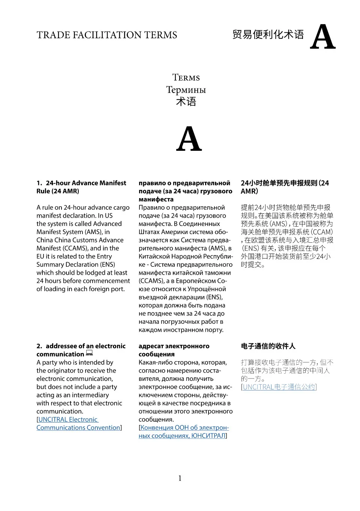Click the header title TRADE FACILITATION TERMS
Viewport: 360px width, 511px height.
click(106, 35)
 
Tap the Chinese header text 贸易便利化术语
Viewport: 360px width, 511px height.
click(268, 35)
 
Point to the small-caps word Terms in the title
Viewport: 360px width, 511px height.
click(186, 78)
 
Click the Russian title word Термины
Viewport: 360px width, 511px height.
click(186, 90)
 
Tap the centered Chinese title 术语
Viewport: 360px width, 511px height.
click(186, 102)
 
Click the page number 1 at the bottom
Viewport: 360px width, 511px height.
click(180, 478)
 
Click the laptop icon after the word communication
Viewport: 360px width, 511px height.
click(89, 353)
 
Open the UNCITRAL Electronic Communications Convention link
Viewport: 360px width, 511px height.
click(78, 424)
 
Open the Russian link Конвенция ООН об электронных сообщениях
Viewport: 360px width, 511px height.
click(183, 431)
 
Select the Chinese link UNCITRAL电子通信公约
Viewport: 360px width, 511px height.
click(279, 387)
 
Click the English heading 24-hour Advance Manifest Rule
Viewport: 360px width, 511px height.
click(81, 187)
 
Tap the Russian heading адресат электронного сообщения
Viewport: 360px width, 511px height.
click(174, 350)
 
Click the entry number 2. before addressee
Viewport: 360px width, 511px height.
click(39, 346)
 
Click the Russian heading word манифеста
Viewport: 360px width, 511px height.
click(156, 199)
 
